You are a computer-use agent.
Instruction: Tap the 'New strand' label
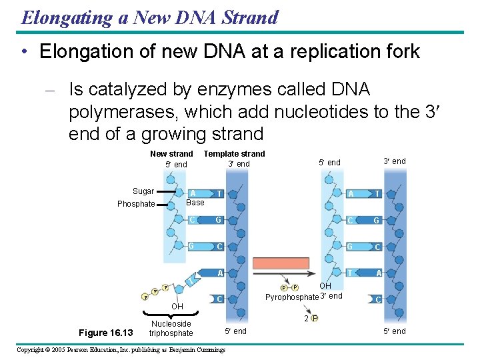(x=171, y=154)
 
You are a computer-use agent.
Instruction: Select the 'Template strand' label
(x=234, y=154)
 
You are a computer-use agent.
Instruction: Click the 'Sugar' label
(x=143, y=191)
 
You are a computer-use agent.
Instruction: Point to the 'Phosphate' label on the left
(x=136, y=204)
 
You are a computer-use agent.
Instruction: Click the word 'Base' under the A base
(x=195, y=203)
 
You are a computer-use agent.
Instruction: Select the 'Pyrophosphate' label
(x=292, y=297)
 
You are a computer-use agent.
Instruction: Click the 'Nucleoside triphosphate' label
(x=171, y=329)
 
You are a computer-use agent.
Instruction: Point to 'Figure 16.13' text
(x=106, y=333)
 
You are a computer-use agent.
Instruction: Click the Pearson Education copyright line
(x=121, y=350)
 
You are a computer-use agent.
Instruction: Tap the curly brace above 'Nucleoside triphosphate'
(x=171, y=314)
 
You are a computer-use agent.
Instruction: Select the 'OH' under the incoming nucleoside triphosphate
(x=177, y=307)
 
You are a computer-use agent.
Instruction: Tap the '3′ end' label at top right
(x=394, y=161)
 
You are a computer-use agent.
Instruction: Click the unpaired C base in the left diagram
(x=219, y=299)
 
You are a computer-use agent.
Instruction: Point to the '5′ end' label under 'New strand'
(x=177, y=165)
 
